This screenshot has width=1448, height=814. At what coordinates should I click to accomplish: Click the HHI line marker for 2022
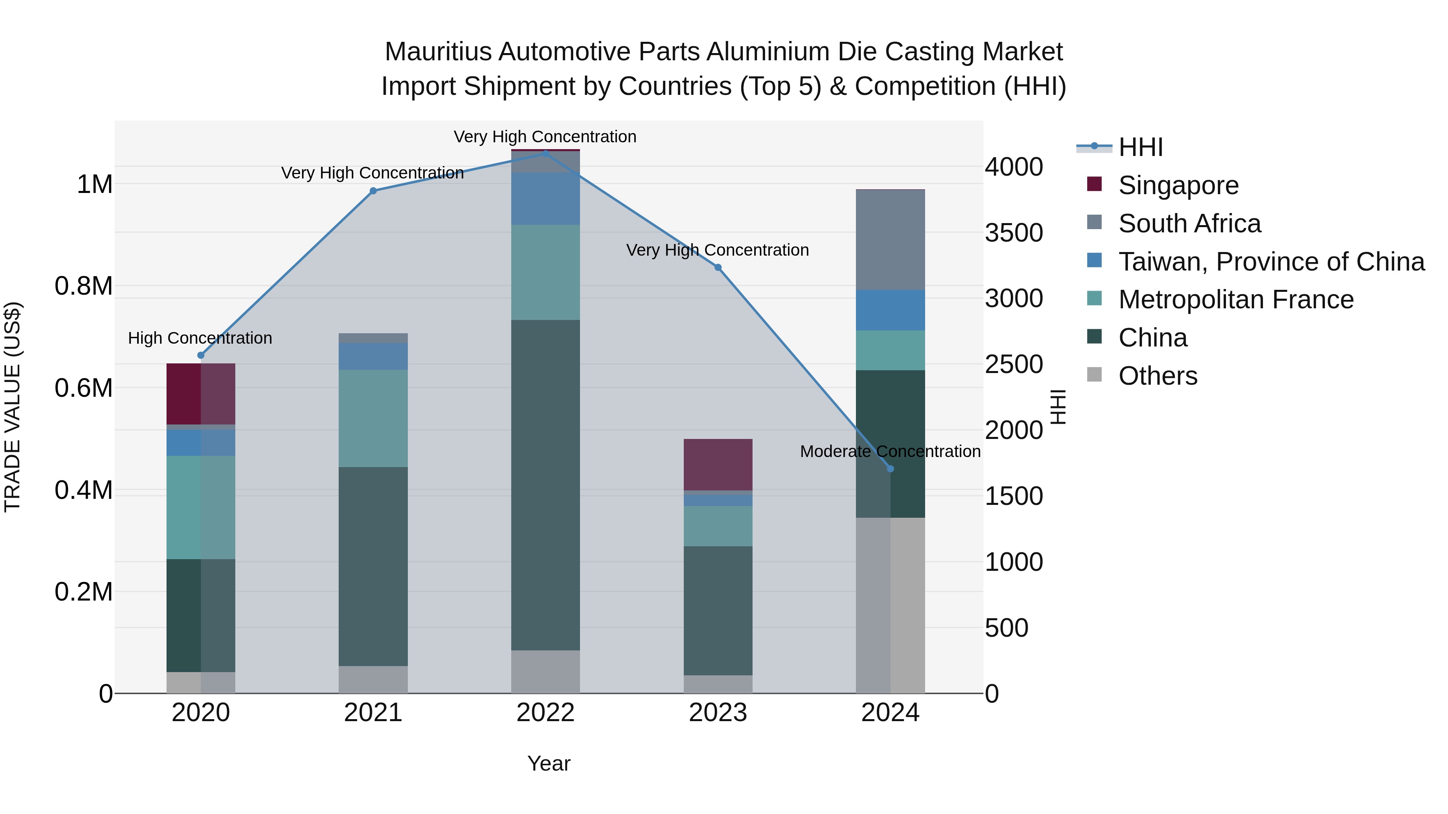(x=545, y=153)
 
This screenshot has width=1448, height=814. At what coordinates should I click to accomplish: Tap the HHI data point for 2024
(x=890, y=469)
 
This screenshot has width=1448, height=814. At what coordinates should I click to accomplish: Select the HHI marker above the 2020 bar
(x=201, y=355)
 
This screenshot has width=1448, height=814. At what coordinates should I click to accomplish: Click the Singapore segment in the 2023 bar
(x=718, y=465)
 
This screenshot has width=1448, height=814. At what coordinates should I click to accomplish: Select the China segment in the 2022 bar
(x=545, y=485)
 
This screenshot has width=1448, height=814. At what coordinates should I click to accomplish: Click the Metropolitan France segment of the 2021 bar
(x=373, y=418)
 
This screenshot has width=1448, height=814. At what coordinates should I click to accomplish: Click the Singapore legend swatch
(x=1094, y=184)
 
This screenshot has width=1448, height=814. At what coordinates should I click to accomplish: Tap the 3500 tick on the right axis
(x=1014, y=233)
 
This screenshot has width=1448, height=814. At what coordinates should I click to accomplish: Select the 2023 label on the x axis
(x=718, y=713)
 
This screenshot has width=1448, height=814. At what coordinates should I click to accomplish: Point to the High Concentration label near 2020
(x=200, y=338)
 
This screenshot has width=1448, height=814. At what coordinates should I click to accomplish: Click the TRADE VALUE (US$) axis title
(x=12, y=407)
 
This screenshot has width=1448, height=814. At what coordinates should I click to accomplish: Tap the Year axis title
(x=549, y=763)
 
